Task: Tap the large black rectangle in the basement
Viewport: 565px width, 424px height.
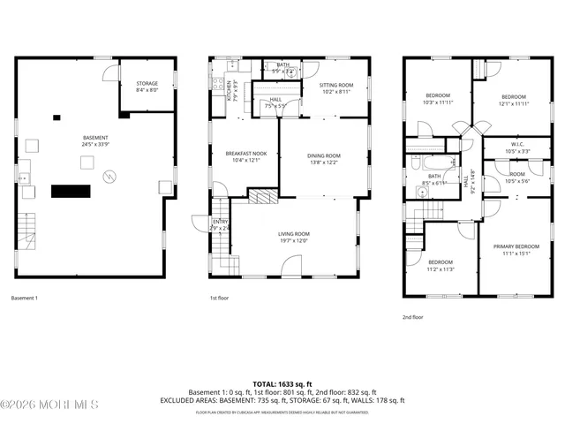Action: click(x=72, y=191)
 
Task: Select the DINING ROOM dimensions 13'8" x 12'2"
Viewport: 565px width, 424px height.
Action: click(x=325, y=163)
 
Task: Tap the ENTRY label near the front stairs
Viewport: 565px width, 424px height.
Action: click(x=219, y=223)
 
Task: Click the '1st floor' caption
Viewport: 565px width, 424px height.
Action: click(x=219, y=299)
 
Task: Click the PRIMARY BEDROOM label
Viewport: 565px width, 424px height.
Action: click(x=515, y=246)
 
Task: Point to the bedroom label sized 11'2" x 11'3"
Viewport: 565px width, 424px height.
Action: click(x=441, y=262)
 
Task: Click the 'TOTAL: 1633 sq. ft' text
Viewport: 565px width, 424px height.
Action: click(x=282, y=384)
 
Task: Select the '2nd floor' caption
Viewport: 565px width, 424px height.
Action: click(x=412, y=316)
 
